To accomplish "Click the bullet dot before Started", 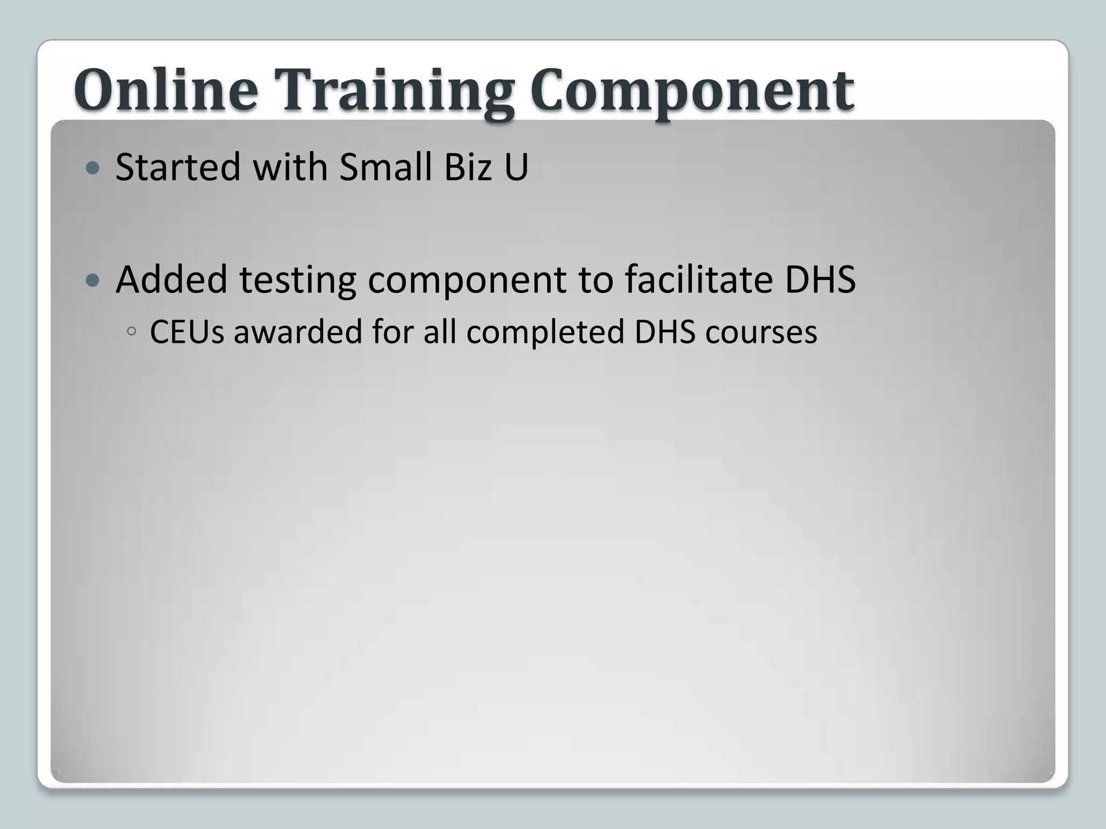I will (93, 168).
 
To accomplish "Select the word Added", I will (171, 280).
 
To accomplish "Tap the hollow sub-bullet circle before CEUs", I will (131, 332).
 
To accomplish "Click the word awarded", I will (298, 331).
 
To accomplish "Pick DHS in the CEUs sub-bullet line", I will (665, 331).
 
